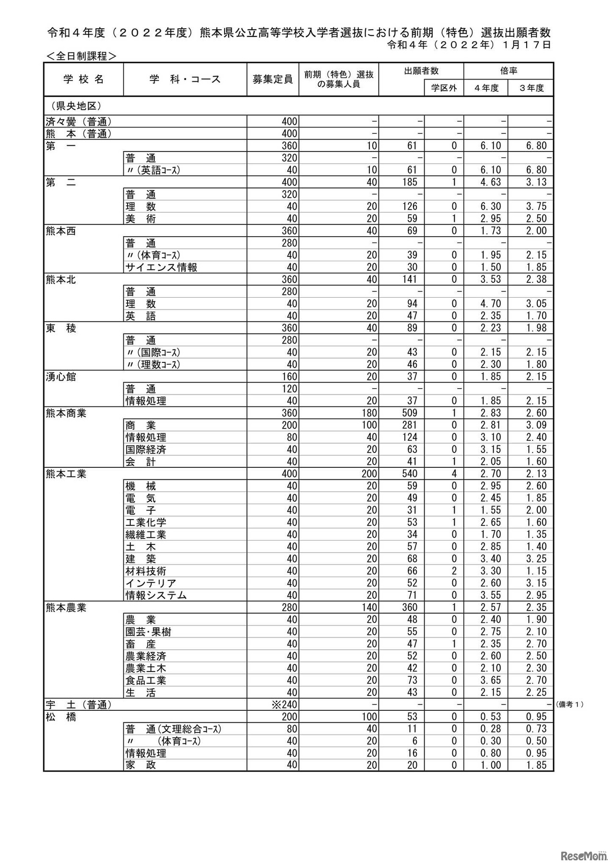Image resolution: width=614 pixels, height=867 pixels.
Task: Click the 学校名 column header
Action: click(83, 80)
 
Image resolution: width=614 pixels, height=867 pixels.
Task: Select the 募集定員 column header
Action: click(272, 80)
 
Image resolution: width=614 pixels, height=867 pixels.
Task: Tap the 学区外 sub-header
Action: click(444, 88)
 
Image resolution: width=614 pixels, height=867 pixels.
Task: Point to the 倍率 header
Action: click(508, 71)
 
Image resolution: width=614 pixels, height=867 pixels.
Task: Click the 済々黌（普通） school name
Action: click(79, 122)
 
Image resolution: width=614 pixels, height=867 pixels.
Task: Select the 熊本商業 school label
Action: click(66, 413)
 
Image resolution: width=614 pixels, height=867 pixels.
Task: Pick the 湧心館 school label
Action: click(61, 377)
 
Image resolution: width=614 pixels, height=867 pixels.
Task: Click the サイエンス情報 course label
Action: click(161, 267)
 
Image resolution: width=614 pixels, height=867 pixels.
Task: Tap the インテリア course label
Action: click(151, 583)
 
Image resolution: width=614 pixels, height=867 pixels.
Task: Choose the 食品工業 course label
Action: click(146, 681)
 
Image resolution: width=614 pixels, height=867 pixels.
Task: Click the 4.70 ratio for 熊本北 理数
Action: click(491, 304)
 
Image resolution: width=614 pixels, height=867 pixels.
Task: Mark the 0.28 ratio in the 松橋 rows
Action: click(491, 729)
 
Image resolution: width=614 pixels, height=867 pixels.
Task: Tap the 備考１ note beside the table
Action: click(569, 705)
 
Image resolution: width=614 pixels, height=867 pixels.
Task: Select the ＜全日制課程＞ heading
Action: click(81, 56)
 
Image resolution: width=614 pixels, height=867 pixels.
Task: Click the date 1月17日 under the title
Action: click(527, 45)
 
